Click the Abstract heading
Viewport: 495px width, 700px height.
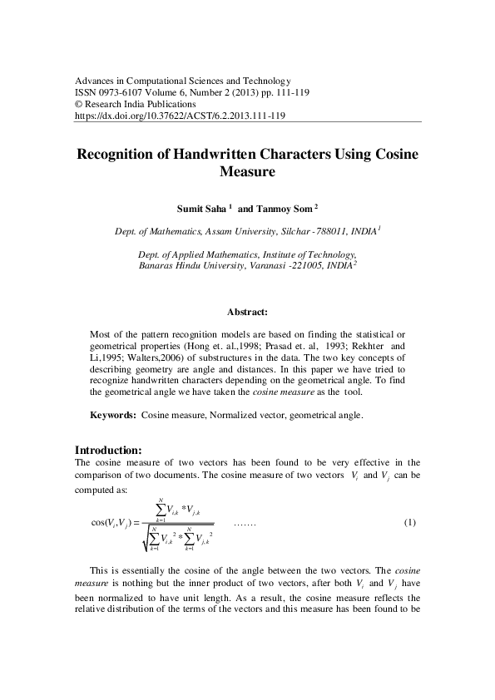tap(247, 313)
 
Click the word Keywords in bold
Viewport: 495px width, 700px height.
tap(112, 414)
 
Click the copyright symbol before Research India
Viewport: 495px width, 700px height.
tap(79, 105)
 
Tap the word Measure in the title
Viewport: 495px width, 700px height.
tap(247, 173)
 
